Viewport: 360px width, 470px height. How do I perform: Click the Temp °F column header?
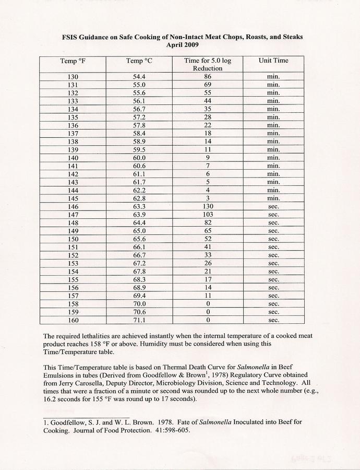pos(73,61)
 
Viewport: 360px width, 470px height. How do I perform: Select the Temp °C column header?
pos(139,61)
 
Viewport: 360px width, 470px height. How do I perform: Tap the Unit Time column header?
pos(273,61)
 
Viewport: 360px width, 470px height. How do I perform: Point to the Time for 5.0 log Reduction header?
pos(208,64)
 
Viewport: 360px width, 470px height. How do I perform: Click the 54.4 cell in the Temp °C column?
pos(139,76)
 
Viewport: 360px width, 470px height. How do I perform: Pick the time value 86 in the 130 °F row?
pos(208,76)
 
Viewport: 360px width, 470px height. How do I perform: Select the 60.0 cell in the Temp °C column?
pos(139,158)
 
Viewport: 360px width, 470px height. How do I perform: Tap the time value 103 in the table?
pos(208,215)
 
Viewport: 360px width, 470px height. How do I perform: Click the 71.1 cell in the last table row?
pos(139,320)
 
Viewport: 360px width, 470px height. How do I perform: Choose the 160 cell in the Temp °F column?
pos(73,320)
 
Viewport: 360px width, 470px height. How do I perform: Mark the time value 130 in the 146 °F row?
pos(208,206)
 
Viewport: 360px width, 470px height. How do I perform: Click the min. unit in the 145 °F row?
pos(273,198)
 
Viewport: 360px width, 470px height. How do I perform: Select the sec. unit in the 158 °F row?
pos(273,304)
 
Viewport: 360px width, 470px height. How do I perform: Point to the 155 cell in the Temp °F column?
pos(73,279)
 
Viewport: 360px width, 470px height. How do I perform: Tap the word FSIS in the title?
pos(72,38)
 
